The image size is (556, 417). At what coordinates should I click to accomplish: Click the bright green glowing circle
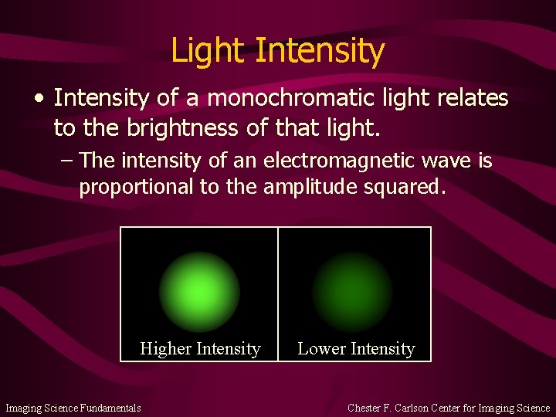pos(199,292)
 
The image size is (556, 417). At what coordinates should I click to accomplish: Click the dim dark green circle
pos(352,292)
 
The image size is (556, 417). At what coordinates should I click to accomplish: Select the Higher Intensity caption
pos(200,349)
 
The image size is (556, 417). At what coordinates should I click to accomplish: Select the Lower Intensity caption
pos(356,349)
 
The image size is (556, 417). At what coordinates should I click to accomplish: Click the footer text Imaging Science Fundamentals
pos(73,408)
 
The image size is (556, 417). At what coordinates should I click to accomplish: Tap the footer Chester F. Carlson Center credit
pos(449,408)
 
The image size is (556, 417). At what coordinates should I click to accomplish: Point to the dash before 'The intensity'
pos(66,161)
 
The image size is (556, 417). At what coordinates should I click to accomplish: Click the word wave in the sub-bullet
pos(453,161)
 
